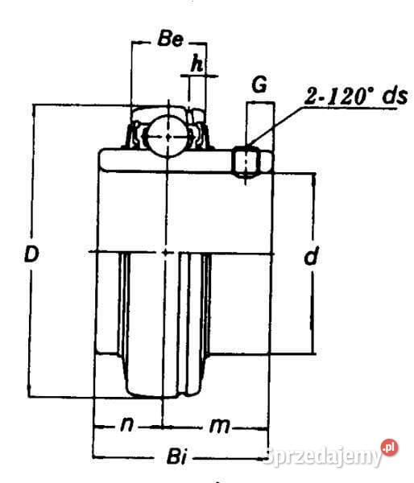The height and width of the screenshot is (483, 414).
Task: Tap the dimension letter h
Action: (196, 62)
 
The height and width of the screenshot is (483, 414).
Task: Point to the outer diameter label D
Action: (31, 255)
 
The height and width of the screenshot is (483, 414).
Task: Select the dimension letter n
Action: (126, 425)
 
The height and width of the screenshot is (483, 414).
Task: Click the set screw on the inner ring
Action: (246, 162)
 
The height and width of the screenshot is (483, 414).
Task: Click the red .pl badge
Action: (390, 447)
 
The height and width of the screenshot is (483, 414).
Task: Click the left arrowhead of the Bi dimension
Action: (97, 456)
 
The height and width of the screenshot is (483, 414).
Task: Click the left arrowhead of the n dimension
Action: (97, 425)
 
